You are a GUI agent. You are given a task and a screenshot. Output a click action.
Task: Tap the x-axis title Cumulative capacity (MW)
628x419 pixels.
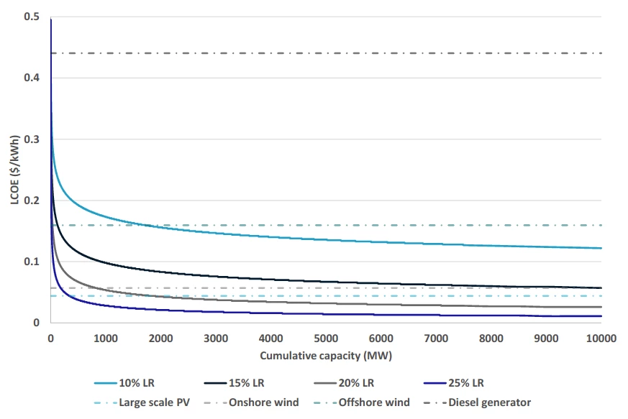coord(325,355)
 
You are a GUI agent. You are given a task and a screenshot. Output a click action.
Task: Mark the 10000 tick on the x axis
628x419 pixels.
coord(600,338)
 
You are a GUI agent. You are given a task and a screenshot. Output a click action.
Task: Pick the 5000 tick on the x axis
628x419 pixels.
coord(325,338)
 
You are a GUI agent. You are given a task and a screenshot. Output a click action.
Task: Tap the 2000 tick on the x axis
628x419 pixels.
coord(160,338)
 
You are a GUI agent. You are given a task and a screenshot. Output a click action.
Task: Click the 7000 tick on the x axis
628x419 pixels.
coord(435,338)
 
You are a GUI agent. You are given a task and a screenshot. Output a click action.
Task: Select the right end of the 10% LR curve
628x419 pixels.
coord(600,248)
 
